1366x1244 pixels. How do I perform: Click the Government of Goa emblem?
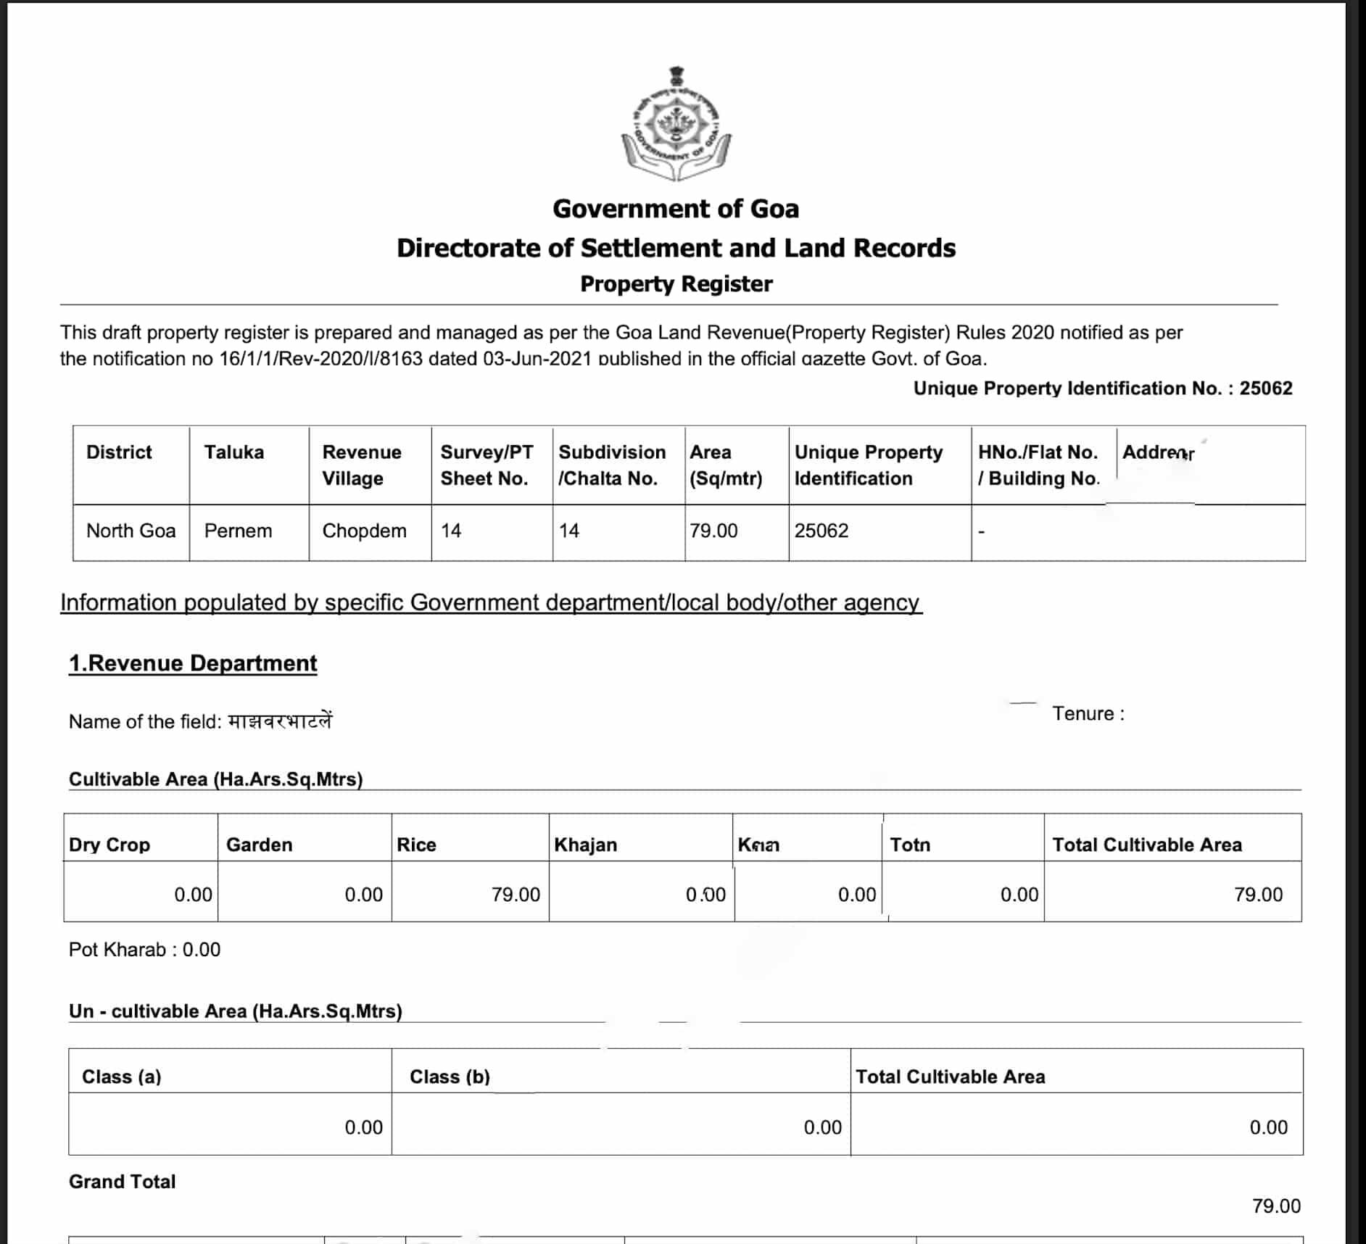tap(676, 125)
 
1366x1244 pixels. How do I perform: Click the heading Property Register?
tap(676, 284)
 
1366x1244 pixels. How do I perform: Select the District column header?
tap(119, 452)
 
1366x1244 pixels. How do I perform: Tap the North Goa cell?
tap(131, 531)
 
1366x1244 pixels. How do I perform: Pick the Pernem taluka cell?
tap(238, 531)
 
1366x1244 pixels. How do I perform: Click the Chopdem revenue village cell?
tap(364, 531)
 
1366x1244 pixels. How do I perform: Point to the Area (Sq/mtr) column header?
tap(725, 465)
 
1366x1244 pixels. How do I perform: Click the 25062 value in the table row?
tap(821, 531)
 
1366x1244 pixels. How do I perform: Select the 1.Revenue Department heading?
tap(193, 663)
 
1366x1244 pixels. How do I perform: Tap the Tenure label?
tap(1088, 714)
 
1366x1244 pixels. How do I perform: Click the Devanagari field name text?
tap(280, 721)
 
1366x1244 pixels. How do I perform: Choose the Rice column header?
tap(416, 845)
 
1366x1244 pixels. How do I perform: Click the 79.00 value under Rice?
tap(516, 895)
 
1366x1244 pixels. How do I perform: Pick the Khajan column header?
tap(585, 845)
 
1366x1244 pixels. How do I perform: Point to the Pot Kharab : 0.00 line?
tap(144, 950)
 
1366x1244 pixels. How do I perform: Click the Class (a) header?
tap(121, 1077)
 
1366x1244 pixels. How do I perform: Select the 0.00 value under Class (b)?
tap(822, 1128)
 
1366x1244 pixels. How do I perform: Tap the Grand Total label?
tap(122, 1182)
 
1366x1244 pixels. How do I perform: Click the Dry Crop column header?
tap(109, 845)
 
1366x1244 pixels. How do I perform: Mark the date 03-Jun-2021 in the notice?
tap(537, 359)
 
